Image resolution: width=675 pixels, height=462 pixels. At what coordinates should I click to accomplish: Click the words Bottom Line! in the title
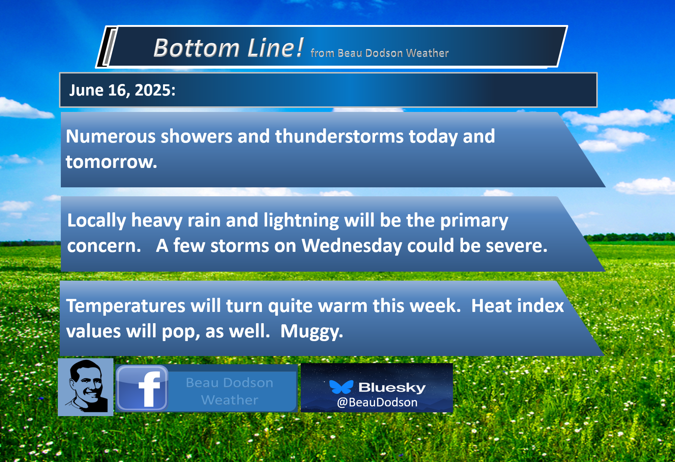229,48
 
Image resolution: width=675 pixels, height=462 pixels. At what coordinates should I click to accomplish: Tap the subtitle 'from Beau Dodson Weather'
379,53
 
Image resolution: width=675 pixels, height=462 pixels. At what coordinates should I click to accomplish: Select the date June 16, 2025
122,90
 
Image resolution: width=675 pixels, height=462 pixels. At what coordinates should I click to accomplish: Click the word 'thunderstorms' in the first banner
340,136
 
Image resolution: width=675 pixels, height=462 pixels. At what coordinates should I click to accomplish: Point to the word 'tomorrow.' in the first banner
112,162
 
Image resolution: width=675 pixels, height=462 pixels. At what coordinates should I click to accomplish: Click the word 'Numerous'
111,136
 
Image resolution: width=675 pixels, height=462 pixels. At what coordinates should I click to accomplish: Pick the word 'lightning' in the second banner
301,221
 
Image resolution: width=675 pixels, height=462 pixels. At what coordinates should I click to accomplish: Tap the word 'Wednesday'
352,246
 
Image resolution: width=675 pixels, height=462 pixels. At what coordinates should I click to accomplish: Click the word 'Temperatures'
126,306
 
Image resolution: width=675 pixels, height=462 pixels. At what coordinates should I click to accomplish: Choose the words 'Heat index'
518,306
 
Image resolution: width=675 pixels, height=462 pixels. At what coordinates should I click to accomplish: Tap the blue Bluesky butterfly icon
341,387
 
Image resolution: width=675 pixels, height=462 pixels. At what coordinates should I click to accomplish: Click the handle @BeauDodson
377,402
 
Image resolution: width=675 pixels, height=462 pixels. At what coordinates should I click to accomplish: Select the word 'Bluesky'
392,388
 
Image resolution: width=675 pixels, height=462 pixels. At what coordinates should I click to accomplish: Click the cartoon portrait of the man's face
86,387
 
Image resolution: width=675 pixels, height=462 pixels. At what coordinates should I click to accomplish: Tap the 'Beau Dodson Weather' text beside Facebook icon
229,391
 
